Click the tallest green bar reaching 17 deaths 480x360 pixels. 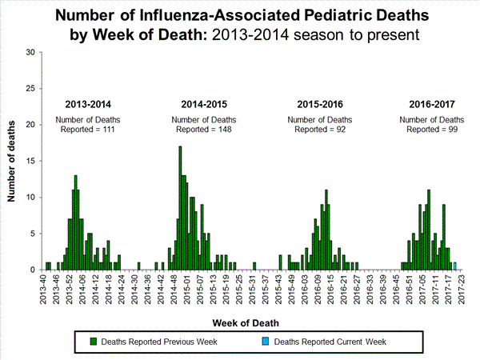180,208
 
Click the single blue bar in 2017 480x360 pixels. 455,266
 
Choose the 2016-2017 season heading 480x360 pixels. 431,104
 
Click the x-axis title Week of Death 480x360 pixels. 253,322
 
